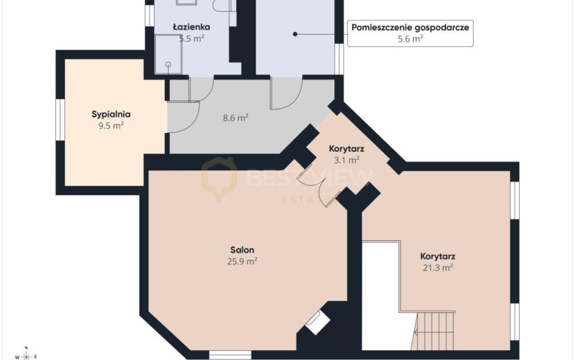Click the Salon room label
click(242, 250)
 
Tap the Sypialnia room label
click(111, 114)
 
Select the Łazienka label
click(191, 27)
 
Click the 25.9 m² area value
click(242, 262)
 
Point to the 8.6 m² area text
click(236, 118)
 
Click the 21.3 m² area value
click(438, 268)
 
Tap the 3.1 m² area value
click(346, 160)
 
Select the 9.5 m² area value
click(111, 126)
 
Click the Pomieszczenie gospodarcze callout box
click(410, 33)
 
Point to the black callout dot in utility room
click(295, 34)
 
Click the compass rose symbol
click(26, 355)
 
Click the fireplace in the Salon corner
click(317, 323)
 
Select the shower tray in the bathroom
click(168, 54)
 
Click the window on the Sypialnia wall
click(60, 119)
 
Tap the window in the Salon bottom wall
click(230, 355)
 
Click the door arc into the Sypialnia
click(184, 117)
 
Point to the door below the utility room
click(286, 93)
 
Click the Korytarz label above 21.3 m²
click(438, 256)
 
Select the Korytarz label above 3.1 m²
click(346, 149)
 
